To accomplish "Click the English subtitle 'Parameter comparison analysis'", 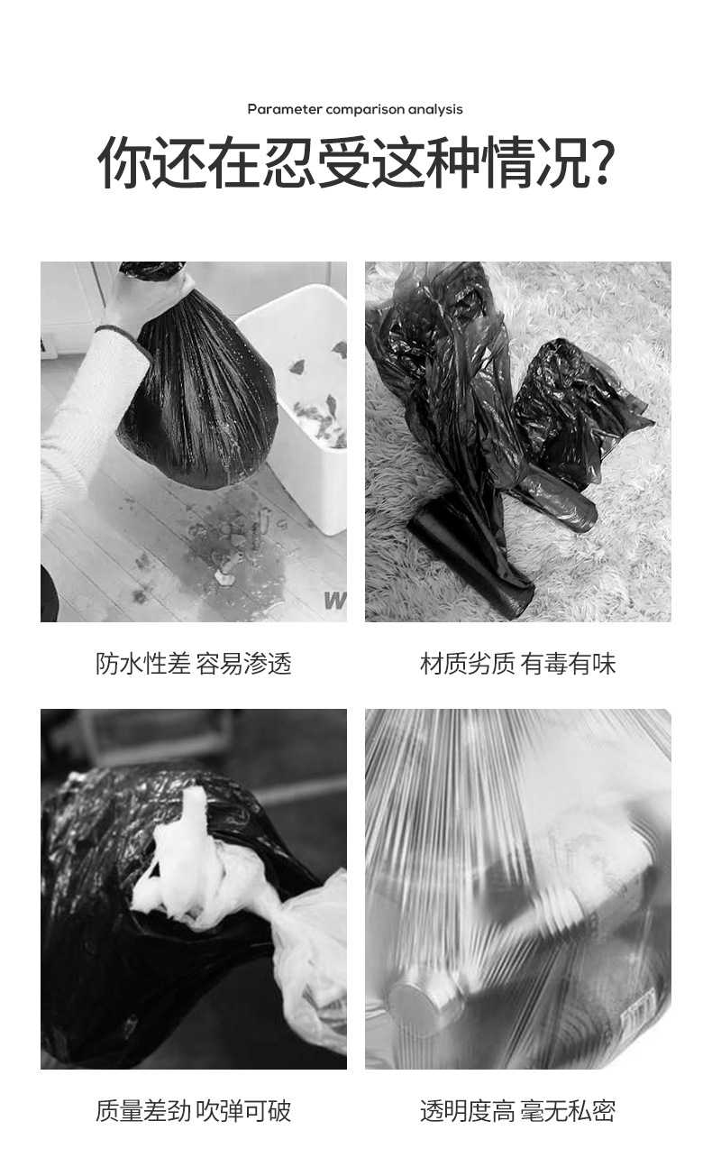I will pyautogui.click(x=355, y=109).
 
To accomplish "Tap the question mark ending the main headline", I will pyautogui.click(x=601, y=163).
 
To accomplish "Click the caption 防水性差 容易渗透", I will pyautogui.click(x=194, y=665).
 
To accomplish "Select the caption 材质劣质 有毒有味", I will pyautogui.click(x=518, y=665).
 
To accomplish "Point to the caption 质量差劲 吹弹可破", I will pyautogui.click(x=194, y=1111).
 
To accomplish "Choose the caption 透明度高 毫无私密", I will pyautogui.click(x=518, y=1111).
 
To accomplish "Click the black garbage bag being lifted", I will pyautogui.click(x=198, y=397).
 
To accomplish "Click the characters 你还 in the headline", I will pyautogui.click(x=151, y=163).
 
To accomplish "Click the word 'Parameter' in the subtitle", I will pyautogui.click(x=285, y=109).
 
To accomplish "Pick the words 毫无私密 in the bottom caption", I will pyautogui.click(x=567, y=1111).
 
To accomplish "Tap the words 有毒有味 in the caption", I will pyautogui.click(x=568, y=665).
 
